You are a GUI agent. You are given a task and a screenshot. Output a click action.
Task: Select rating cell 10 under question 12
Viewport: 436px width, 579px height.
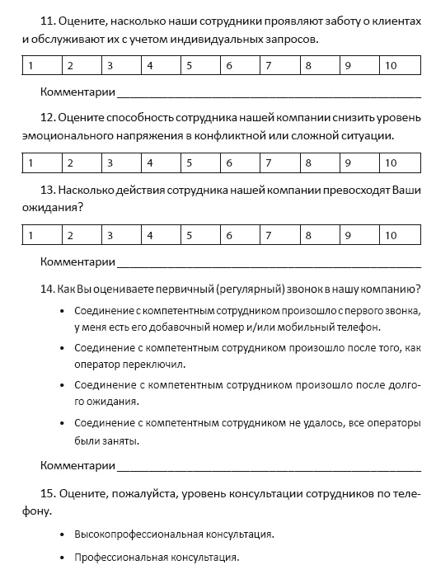pos(401,162)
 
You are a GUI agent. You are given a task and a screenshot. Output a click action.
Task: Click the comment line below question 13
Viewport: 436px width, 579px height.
pos(269,264)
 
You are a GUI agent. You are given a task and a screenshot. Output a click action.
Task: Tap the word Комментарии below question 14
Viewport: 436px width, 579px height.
pos(77,466)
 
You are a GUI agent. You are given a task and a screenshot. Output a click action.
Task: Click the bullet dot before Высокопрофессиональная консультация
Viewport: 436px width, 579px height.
pos(63,534)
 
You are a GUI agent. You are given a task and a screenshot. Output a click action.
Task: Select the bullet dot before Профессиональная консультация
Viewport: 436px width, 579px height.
pos(63,558)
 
